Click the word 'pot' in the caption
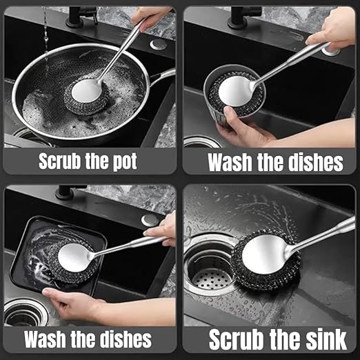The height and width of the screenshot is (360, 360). click(121, 162)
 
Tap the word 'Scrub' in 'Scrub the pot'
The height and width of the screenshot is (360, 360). click(61, 162)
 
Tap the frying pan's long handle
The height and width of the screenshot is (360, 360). click(163, 74)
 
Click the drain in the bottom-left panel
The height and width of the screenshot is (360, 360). click(21, 315)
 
